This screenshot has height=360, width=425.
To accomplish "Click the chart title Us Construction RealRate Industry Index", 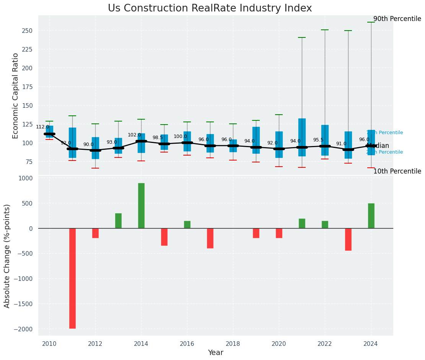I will click(x=210, y=8).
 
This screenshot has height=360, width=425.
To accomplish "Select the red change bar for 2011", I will click(x=72, y=278).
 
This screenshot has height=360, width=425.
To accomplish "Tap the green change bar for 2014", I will click(x=141, y=206).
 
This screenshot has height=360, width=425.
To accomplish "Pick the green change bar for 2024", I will click(x=371, y=216).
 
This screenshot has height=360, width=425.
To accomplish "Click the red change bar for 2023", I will click(x=348, y=239).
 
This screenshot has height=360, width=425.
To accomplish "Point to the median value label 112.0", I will click(x=42, y=127).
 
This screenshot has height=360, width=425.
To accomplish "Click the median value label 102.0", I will click(x=134, y=135).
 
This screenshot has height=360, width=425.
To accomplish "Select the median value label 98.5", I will click(x=158, y=138).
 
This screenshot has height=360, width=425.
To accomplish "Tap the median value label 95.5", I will click(x=318, y=140).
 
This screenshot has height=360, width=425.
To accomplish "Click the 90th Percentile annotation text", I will click(x=397, y=19).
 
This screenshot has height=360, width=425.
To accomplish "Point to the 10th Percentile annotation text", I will click(x=397, y=171).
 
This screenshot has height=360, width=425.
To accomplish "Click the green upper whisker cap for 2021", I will click(x=302, y=37).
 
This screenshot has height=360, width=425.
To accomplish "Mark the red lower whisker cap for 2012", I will click(x=95, y=168).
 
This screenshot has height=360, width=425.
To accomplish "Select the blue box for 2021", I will click(x=302, y=137).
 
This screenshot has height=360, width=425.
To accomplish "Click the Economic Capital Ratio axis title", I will click(x=16, y=96).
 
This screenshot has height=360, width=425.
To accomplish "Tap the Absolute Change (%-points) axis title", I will click(x=7, y=256).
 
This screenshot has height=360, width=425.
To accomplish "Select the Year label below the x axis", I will click(x=215, y=352).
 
